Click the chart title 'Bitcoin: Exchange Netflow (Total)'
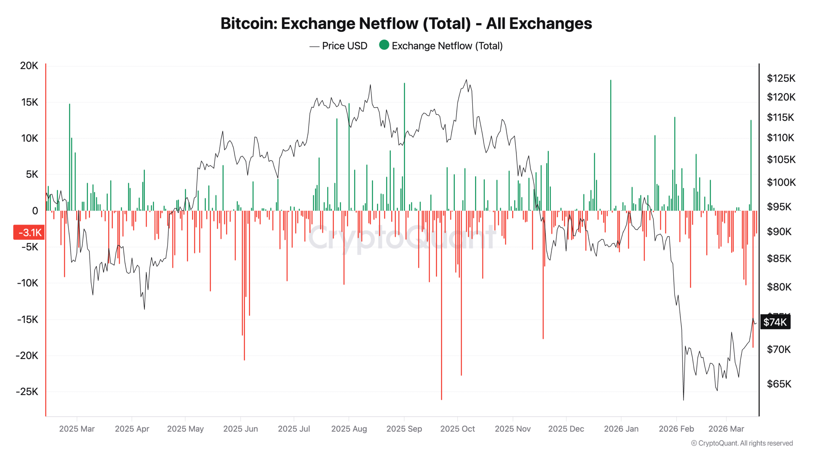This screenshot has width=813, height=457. (406, 23)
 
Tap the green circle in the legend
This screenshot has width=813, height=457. (384, 45)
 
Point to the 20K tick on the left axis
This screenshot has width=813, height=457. (29, 66)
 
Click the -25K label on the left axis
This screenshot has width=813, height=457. (27, 392)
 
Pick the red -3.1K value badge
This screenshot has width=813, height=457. (29, 233)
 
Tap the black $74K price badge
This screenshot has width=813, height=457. (775, 322)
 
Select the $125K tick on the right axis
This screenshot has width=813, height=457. (781, 78)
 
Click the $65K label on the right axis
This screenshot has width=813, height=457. (779, 384)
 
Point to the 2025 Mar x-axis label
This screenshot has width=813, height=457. (77, 429)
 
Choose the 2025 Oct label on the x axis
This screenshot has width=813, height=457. (457, 429)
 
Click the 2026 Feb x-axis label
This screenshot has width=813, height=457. (676, 429)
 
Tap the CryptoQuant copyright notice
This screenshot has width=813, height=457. (742, 443)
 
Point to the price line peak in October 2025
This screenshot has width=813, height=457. (466, 80)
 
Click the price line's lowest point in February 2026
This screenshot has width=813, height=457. (683, 400)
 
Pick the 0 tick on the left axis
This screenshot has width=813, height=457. (35, 211)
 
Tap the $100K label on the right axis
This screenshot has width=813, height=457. (781, 182)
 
